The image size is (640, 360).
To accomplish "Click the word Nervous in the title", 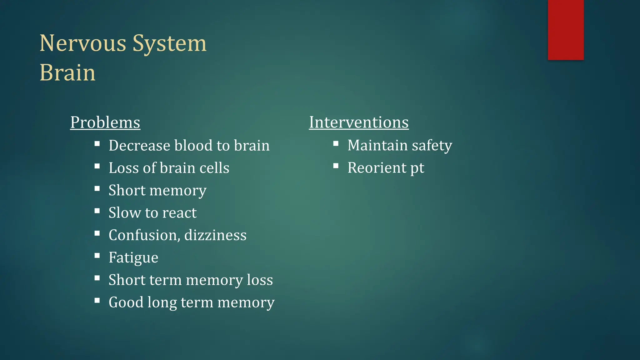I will (x=83, y=43).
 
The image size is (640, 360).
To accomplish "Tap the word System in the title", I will (x=169, y=43).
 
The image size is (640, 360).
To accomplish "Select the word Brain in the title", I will (x=67, y=73).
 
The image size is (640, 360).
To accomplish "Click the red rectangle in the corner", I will (x=566, y=30).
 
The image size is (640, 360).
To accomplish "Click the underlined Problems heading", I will (x=105, y=122).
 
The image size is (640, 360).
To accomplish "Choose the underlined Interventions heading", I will (x=359, y=122).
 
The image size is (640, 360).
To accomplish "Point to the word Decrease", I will (x=139, y=146).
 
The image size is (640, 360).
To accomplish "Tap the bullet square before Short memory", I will (x=97, y=188).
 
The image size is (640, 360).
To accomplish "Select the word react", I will (x=179, y=213).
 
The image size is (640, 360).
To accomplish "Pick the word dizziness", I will (x=215, y=235).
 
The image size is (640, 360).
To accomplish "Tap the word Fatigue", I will (x=133, y=258).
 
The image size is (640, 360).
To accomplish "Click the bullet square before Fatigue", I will (x=97, y=256).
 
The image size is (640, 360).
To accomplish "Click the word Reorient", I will (x=377, y=168).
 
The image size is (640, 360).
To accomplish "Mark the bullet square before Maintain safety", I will (x=336, y=144).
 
